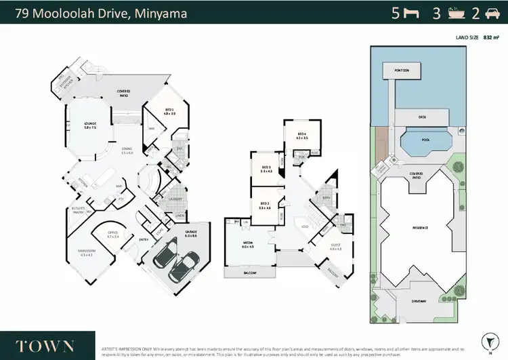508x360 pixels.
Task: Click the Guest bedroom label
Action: pyautogui.click(x=337, y=246)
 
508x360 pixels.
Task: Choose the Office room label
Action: pyautogui.click(x=112, y=234)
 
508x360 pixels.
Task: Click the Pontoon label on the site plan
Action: pyautogui.click(x=394, y=68)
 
